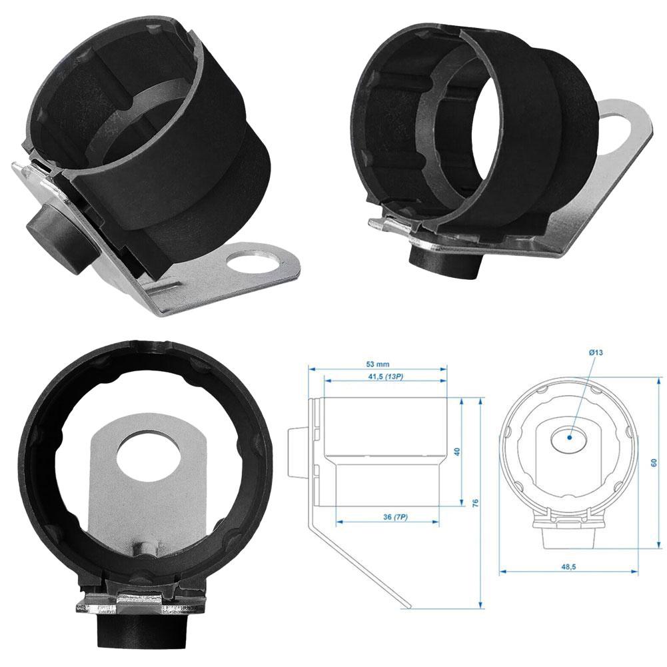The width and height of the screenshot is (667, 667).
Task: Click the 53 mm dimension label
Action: point(377,364)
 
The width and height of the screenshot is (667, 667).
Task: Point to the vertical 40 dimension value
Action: point(457,452)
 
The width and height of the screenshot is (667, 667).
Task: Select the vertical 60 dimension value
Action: point(654,462)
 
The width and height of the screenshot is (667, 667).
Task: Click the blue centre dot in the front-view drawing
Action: point(569,438)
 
